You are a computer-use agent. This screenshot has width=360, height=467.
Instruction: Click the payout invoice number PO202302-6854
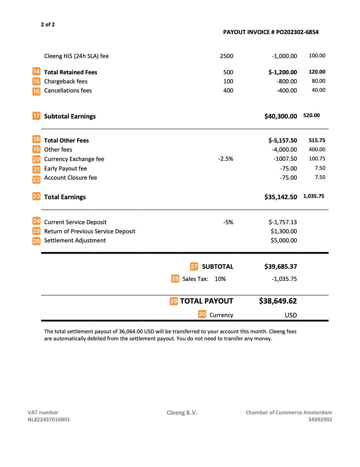297,32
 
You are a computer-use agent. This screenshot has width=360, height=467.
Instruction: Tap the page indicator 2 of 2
48,24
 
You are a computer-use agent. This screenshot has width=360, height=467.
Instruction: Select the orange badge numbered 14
36,72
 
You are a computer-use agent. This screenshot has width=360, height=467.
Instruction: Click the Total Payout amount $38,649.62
278,301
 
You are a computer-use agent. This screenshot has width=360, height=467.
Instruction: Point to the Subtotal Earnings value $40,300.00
280,116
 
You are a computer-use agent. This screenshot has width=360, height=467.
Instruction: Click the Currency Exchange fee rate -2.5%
225,159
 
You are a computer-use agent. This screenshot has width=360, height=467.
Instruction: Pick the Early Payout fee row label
65,168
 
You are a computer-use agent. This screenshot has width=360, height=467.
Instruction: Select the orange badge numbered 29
173,301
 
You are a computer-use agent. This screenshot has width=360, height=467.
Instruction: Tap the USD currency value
290,315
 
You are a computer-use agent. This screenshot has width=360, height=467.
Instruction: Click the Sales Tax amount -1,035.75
284,279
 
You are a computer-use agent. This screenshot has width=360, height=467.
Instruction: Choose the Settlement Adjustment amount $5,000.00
283,240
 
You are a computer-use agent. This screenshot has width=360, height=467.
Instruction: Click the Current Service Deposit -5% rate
228,222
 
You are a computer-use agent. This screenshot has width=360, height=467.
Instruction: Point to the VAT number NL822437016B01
49,419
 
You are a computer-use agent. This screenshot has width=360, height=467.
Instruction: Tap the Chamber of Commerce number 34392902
320,419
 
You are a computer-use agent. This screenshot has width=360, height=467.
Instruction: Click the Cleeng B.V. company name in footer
182,413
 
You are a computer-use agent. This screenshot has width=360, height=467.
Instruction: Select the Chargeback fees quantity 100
228,81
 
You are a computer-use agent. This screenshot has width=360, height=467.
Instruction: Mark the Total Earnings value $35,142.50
280,197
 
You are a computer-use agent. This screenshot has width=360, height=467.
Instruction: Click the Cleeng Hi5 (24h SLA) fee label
76,56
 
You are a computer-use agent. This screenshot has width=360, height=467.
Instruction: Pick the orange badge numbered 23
36,196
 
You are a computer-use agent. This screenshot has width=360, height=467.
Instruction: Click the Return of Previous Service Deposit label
90,231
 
